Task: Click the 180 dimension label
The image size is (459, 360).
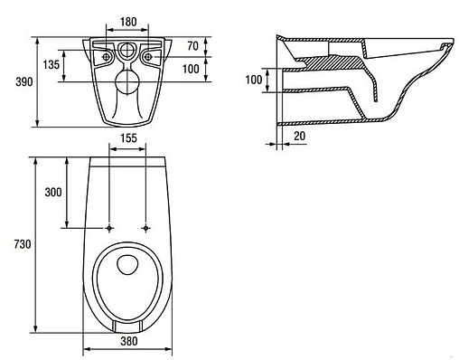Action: (128, 22)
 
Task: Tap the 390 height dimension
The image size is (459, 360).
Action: (24, 81)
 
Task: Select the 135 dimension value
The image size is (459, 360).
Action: (52, 64)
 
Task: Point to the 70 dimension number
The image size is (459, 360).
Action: (192, 46)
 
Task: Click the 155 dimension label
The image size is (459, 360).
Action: (128, 138)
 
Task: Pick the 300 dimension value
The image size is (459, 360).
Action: (53, 192)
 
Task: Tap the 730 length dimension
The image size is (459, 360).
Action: (23, 244)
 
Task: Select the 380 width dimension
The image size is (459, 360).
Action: (129, 341)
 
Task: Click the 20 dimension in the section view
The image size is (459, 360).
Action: (299, 136)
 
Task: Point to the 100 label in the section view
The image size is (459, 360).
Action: (254, 80)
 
